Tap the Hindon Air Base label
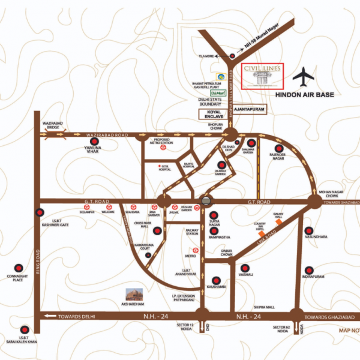pos(304,95)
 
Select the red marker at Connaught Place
pos(18,268)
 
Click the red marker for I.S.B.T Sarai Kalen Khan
pos(23,330)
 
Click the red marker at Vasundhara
pos(308,230)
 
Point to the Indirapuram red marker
pos(308,271)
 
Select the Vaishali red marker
pos(244,268)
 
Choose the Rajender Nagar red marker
pos(278,148)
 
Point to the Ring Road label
pos(37,260)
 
